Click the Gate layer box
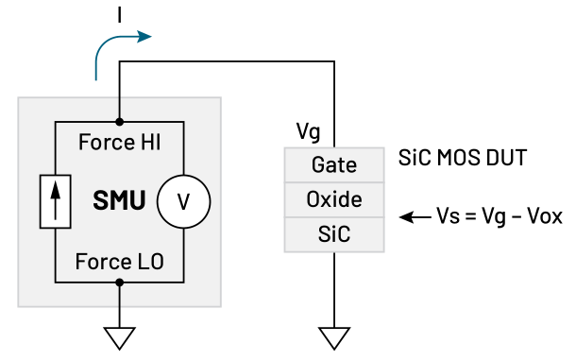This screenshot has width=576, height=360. (x=334, y=165)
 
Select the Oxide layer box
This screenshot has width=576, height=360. (x=334, y=199)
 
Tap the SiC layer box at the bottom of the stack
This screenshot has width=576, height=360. (x=334, y=233)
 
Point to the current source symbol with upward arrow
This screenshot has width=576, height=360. (x=55, y=201)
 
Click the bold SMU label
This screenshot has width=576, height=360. (x=118, y=201)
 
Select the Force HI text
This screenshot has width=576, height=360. (x=119, y=144)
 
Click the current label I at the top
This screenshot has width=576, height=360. (x=119, y=13)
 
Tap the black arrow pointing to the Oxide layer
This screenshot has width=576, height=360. (x=414, y=216)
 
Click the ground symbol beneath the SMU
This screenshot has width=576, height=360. (x=119, y=336)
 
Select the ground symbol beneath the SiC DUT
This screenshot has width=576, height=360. (x=334, y=336)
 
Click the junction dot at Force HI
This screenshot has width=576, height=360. (x=119, y=122)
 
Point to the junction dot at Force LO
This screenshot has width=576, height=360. (x=119, y=282)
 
